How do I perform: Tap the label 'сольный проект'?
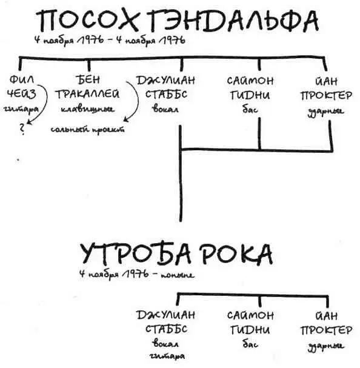(x=87, y=129)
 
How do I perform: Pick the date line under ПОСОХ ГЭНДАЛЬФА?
(x=110, y=41)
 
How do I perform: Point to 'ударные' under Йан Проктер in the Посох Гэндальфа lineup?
(x=329, y=110)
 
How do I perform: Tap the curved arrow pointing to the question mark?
(x=40, y=109)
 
